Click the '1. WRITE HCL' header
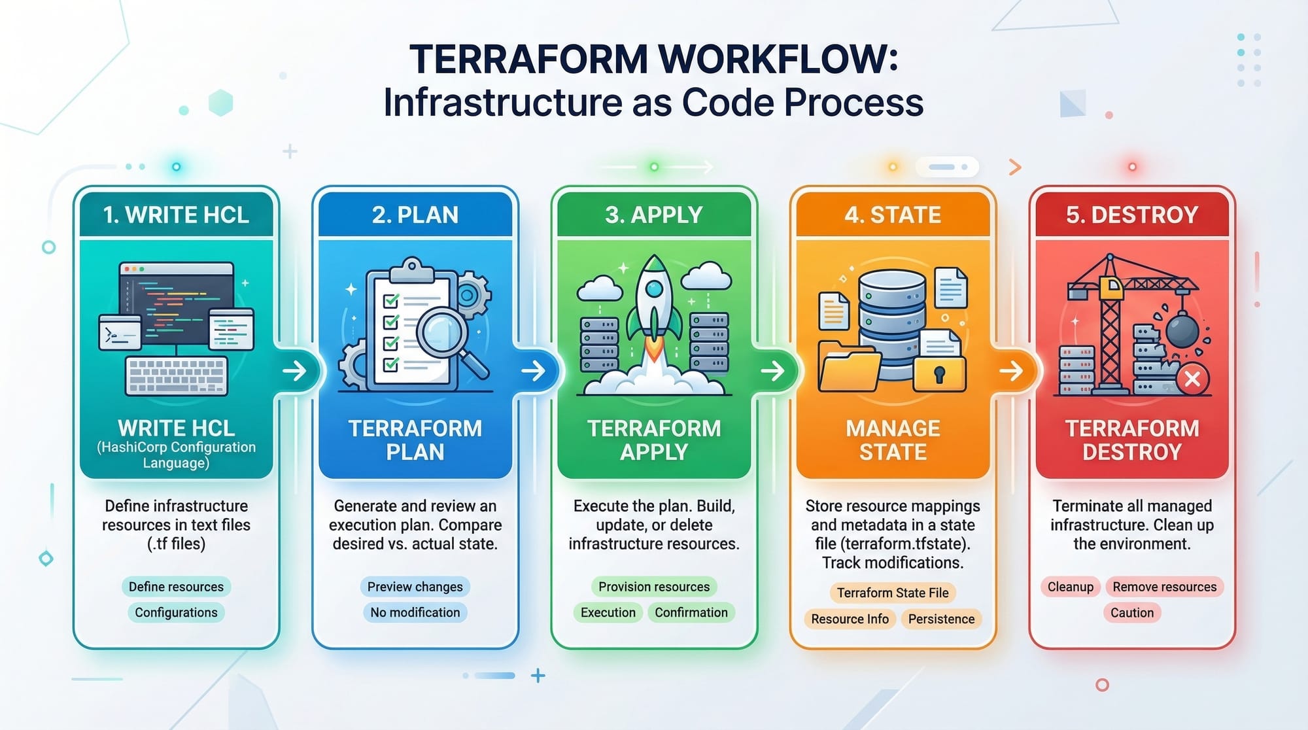pos(176,215)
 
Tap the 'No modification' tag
pos(415,612)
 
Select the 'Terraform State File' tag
pos(893,593)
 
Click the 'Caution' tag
pos(1131,613)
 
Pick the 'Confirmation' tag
pos(691,612)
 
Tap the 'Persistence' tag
pos(941,619)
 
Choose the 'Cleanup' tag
pos(1070,587)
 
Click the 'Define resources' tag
pos(176,587)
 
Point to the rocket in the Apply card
pos(654,307)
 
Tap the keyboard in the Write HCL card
pos(177,376)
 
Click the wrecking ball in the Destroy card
pos(1182,330)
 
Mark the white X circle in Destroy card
pos(1192,379)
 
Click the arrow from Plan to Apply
pos(534,371)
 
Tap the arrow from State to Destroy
pos(1012,371)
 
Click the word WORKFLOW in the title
pos(778,59)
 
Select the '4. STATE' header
pos(893,215)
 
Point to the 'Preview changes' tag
pos(415,587)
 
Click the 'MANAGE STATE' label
pos(893,440)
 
